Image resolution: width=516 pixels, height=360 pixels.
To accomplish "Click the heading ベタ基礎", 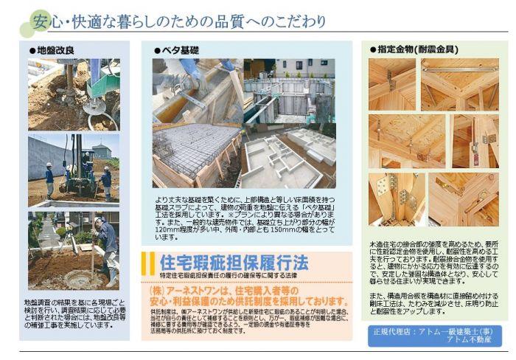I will click(178, 50).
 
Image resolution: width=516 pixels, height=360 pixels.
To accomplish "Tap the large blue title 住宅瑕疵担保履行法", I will click(235, 263).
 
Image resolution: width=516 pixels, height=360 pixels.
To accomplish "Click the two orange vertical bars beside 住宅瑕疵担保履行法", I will click(147, 263).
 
